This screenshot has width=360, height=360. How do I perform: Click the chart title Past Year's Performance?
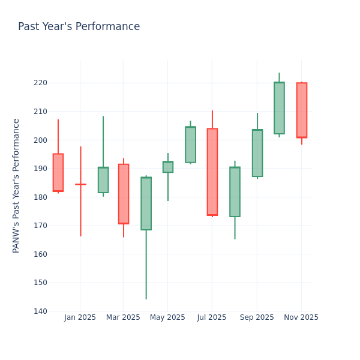click(79, 27)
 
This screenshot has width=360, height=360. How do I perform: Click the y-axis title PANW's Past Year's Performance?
click(16, 185)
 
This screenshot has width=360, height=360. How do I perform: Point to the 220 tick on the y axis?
click(40, 83)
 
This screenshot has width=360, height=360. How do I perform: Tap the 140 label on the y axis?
click(40, 311)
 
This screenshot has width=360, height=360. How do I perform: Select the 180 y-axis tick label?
click(40, 197)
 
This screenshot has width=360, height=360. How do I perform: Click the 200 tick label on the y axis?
click(40, 140)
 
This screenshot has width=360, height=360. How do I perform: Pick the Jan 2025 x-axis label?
click(80, 317)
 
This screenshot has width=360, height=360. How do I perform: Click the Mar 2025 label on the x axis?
click(123, 317)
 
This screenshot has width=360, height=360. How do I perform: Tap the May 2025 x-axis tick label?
click(167, 317)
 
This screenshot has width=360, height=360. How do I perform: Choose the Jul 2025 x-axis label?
click(211, 317)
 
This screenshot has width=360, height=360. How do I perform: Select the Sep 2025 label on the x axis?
click(257, 317)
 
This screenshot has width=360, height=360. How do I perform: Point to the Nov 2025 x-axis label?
click(301, 317)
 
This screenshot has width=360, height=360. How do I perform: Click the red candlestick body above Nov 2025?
click(301, 110)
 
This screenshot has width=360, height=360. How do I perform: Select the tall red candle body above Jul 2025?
click(212, 172)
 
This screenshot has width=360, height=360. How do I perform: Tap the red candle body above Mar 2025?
click(124, 194)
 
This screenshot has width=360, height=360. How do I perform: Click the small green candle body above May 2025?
click(167, 167)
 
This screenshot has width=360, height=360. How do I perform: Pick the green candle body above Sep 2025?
click(257, 153)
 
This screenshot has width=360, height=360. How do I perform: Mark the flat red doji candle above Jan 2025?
click(80, 184)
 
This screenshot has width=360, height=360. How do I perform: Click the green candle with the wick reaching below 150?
click(146, 203)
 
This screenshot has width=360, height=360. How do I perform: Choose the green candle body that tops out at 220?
click(279, 108)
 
